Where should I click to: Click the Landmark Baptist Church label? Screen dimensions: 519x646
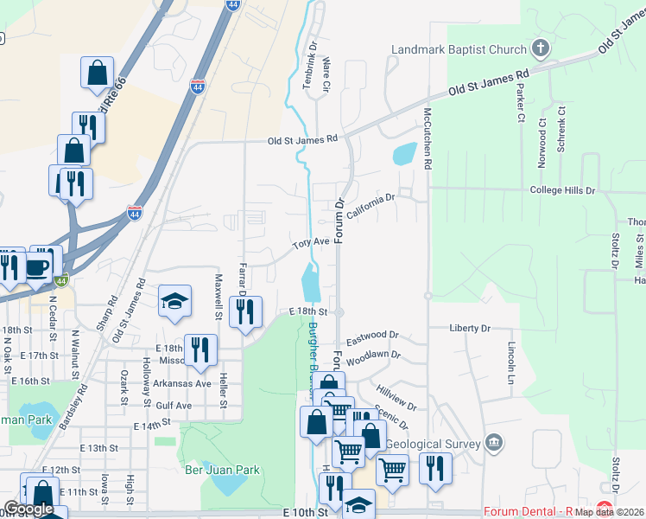[x=458, y=49]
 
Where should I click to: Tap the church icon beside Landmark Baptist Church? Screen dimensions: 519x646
[x=540, y=48]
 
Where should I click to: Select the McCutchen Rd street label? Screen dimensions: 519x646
[x=427, y=138]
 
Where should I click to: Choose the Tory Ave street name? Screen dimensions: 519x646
[x=311, y=244]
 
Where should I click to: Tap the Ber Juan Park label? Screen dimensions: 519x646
[x=222, y=470]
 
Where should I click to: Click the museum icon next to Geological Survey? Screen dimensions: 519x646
[x=493, y=443]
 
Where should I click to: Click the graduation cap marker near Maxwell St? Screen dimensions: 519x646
[x=174, y=301]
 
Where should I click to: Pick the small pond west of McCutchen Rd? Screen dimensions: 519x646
[x=403, y=155]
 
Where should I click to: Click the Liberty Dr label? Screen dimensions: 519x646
[x=470, y=329]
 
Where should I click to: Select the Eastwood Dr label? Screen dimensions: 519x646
[x=371, y=335]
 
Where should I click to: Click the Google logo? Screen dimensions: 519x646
[x=28, y=509]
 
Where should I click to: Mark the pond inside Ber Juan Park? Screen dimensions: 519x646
[x=226, y=484]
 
